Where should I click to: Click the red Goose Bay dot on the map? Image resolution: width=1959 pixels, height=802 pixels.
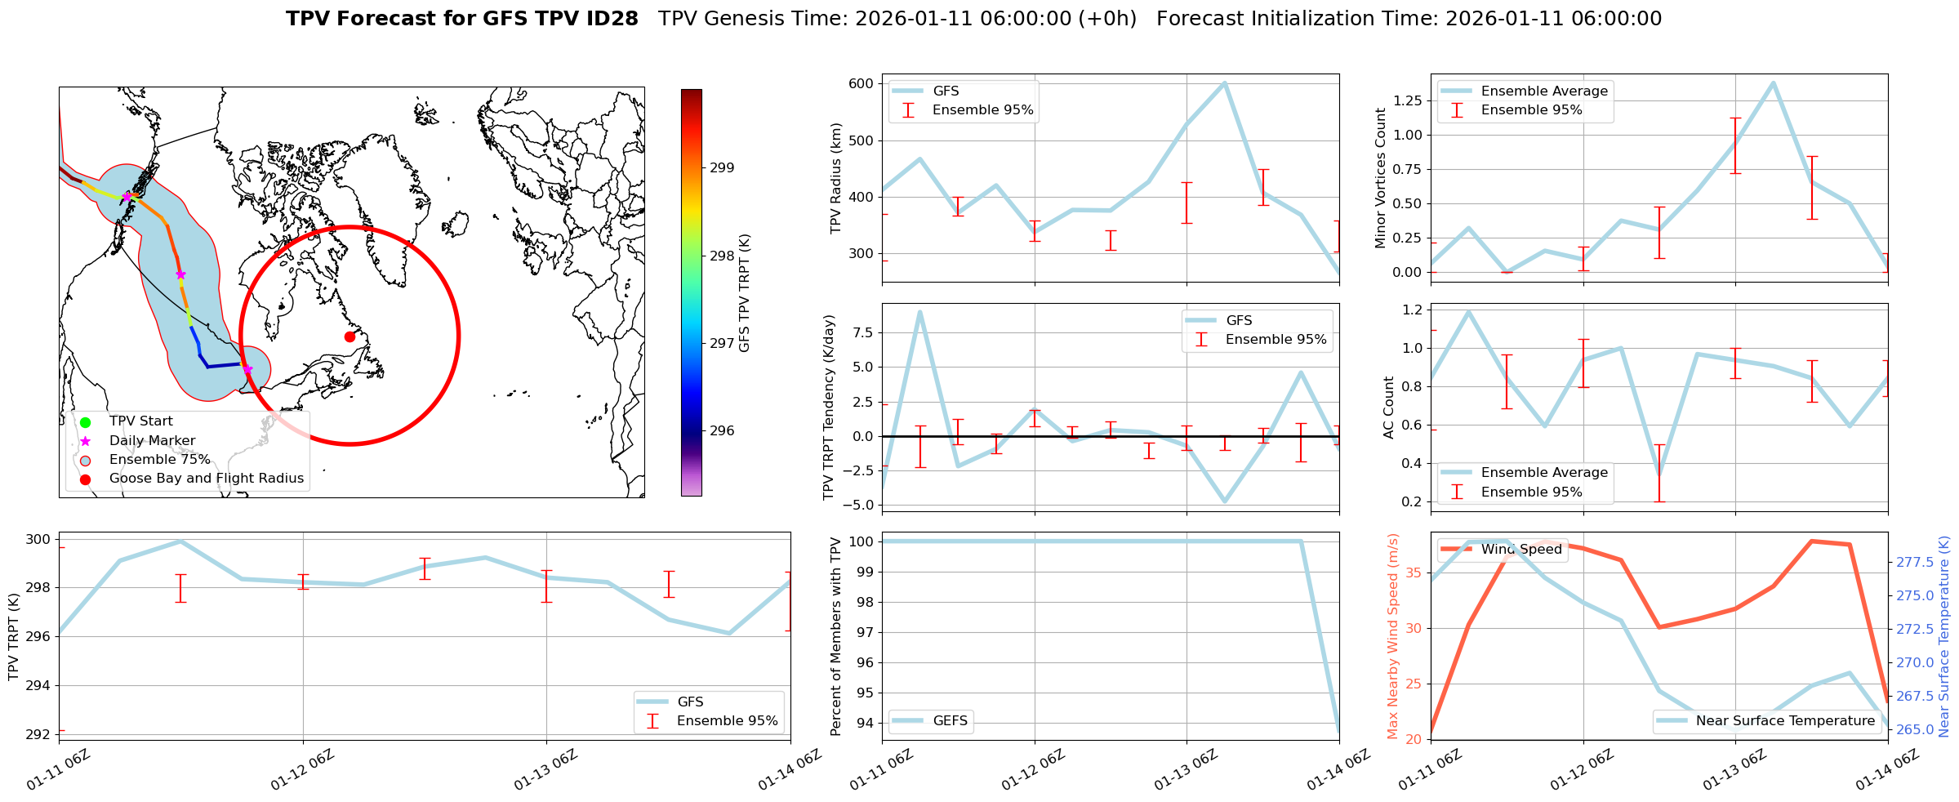coord(350,336)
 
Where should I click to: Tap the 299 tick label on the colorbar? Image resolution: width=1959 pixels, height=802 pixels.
coord(722,168)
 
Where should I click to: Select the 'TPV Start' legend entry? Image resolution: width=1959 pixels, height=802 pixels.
coord(140,421)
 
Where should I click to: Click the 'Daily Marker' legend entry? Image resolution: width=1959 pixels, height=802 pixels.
coord(152,441)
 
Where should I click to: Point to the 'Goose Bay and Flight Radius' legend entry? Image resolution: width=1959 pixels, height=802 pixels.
coord(206,479)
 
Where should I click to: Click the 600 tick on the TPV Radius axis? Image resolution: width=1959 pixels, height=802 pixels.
coord(862,83)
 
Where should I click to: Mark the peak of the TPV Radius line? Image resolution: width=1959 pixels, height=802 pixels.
coord(1224,82)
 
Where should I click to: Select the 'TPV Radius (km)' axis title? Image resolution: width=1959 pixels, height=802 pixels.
coord(836,178)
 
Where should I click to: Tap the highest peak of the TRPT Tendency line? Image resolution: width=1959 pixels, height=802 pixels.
coord(920,311)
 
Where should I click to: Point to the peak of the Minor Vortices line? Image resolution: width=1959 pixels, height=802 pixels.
coord(1773,82)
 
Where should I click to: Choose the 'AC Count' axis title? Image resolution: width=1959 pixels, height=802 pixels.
coord(1389,408)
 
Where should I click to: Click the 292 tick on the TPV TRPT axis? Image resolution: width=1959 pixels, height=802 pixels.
coord(38,734)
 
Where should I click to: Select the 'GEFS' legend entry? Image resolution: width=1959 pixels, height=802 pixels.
coord(950,721)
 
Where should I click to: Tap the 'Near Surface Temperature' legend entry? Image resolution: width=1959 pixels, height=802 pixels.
coord(1785,721)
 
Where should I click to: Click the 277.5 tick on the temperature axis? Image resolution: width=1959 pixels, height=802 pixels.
coord(1913,562)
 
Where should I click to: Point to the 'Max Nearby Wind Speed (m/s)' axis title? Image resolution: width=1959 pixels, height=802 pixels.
coord(1393,636)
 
